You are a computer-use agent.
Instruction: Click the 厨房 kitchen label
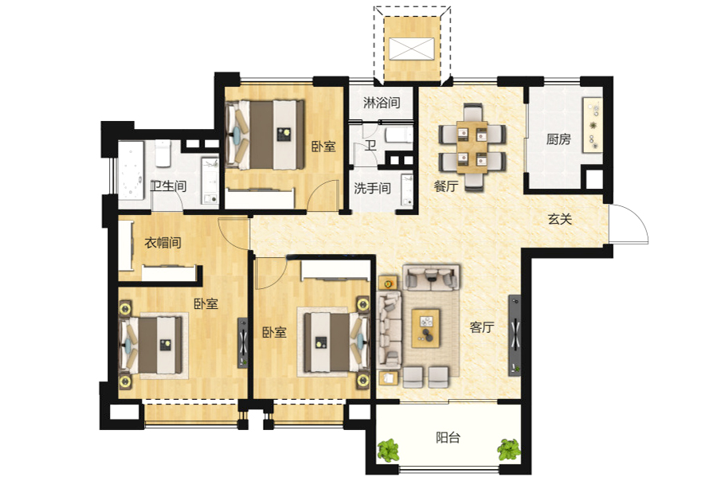click(558, 139)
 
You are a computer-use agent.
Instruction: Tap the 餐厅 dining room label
click(445, 186)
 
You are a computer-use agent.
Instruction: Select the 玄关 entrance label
click(560, 219)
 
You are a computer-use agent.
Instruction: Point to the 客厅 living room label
click(482, 327)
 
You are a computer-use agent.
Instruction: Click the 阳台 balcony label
click(448, 437)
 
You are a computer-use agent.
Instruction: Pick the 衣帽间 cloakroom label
click(163, 242)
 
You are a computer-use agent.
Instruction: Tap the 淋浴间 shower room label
click(382, 103)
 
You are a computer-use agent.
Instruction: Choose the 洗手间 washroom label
click(372, 188)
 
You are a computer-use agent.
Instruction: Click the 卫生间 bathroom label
click(168, 186)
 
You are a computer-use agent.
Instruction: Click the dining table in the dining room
click(472, 147)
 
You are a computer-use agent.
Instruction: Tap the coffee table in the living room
click(425, 328)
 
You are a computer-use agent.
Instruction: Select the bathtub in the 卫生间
click(131, 171)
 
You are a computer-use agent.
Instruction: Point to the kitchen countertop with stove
click(593, 124)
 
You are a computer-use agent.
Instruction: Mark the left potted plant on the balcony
click(388, 450)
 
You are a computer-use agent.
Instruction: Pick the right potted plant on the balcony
click(508, 450)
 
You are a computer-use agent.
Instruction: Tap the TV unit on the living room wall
click(515, 335)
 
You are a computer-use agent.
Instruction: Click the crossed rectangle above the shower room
click(412, 49)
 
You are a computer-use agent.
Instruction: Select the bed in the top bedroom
click(265, 135)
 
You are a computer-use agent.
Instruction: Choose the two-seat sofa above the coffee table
click(431, 278)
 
